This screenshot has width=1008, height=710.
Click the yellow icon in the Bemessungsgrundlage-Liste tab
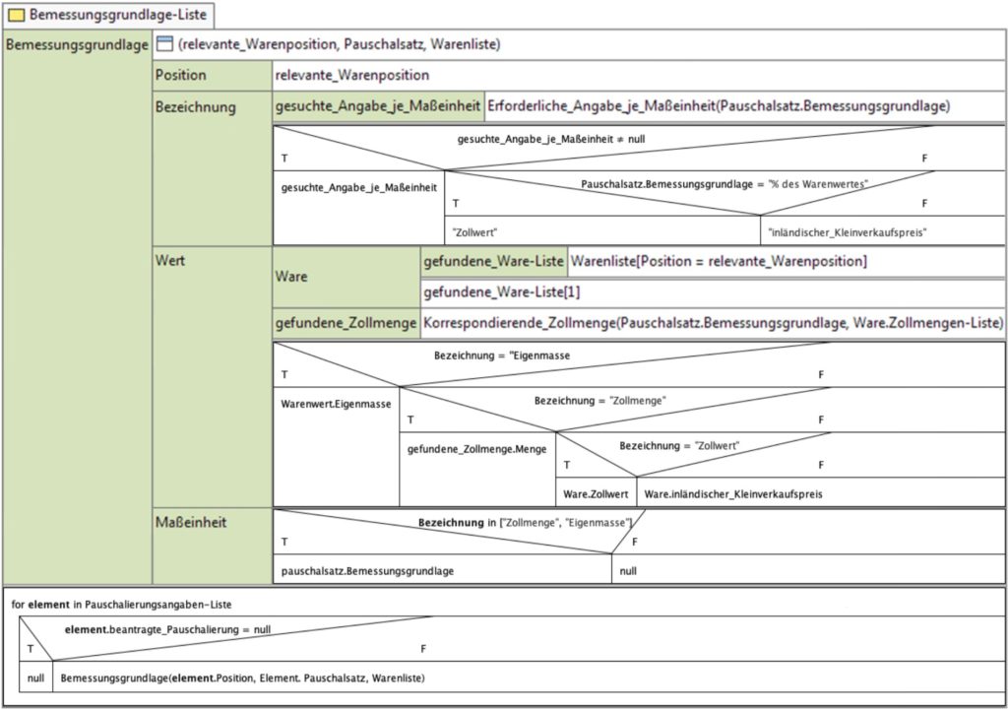pyautogui.click(x=16, y=15)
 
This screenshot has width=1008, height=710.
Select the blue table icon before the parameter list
pyautogui.click(x=165, y=43)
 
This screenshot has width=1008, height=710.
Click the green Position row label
pyautogui.click(x=213, y=75)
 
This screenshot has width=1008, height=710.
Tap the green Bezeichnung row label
pyautogui.click(x=213, y=168)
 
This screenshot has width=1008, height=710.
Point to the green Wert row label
pyautogui.click(x=213, y=377)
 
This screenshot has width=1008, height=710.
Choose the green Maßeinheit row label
pyautogui.click(x=213, y=546)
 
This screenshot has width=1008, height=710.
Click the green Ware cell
pyautogui.click(x=346, y=277)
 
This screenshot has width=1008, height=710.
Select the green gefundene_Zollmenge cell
pyautogui.click(x=346, y=323)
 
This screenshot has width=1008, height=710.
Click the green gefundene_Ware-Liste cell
pyautogui.click(x=494, y=262)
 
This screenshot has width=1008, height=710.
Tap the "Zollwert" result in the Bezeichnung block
pyautogui.click(x=475, y=232)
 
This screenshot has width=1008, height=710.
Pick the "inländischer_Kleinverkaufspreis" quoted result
pyautogui.click(x=848, y=232)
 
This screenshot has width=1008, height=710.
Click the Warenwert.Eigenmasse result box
pyautogui.click(x=337, y=446)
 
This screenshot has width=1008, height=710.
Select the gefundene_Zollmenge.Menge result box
pyautogui.click(x=477, y=469)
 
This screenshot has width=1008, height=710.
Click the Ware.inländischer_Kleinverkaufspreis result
pyautogui.click(x=733, y=494)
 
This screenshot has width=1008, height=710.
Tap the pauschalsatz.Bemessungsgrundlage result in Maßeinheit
pyautogui.click(x=368, y=571)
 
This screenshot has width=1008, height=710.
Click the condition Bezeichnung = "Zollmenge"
pyautogui.click(x=599, y=401)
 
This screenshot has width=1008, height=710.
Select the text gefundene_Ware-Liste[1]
pyautogui.click(x=501, y=292)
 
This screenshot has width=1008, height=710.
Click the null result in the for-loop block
pyautogui.click(x=36, y=678)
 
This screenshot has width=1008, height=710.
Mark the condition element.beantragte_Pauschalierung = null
pyautogui.click(x=167, y=629)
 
